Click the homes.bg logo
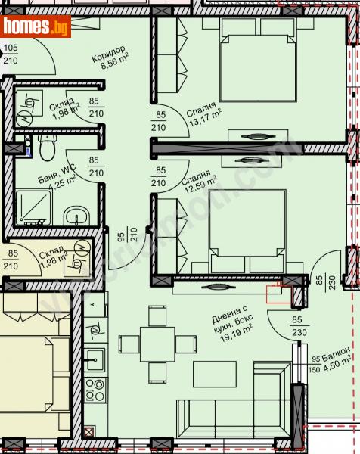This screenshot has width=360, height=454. point(36,26)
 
